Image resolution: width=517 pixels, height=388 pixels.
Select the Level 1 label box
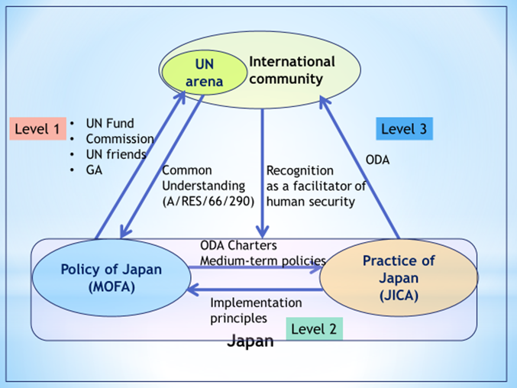[x=36, y=129]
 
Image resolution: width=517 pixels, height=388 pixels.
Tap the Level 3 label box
[x=404, y=128]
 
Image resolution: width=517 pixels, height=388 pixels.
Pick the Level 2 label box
[x=314, y=329]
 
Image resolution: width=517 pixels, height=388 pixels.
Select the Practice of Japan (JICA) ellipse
[x=398, y=276]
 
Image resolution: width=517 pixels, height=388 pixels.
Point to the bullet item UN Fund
[x=109, y=123]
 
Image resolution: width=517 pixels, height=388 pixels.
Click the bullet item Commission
[x=119, y=139]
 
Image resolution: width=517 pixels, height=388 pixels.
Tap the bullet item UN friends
[x=115, y=154]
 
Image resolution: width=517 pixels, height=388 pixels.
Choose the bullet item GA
[x=94, y=170]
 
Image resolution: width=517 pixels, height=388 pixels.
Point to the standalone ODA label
[x=378, y=160]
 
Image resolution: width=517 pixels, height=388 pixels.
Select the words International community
[x=291, y=70]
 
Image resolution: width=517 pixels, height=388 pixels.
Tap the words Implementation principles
[x=254, y=309]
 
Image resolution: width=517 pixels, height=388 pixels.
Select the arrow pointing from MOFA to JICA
[x=256, y=269]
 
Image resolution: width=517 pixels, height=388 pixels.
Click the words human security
[x=310, y=202]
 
